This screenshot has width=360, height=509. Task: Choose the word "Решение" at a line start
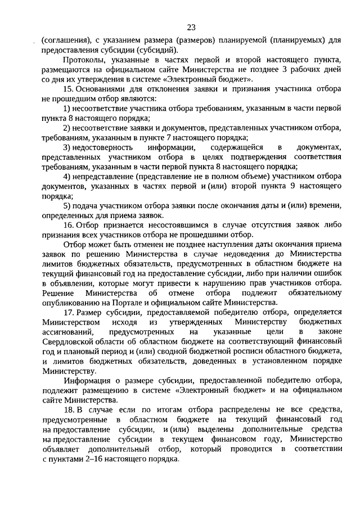point(58,294)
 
